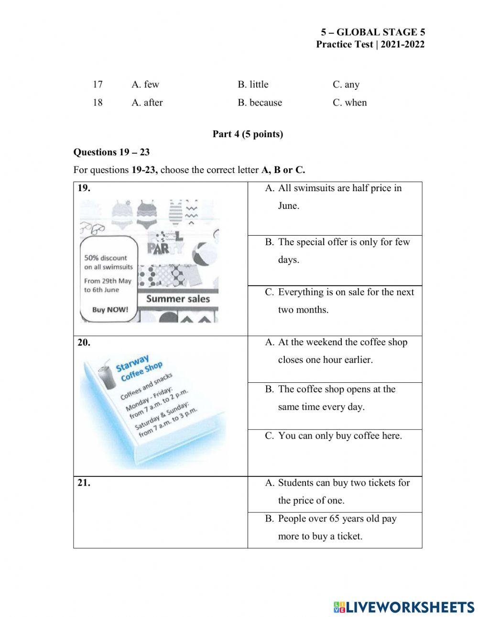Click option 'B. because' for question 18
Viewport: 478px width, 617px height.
tap(260, 103)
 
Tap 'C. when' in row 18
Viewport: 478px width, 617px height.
tap(349, 103)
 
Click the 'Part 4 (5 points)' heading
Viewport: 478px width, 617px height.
tap(248, 134)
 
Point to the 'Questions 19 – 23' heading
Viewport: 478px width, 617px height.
tap(111, 152)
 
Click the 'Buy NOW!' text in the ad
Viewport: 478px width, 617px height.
tap(110, 310)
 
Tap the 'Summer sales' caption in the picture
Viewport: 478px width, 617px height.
tap(178, 299)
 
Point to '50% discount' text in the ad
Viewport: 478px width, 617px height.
tap(106, 258)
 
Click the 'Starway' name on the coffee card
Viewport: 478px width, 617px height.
tap(132, 363)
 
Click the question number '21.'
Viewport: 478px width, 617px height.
tap(84, 483)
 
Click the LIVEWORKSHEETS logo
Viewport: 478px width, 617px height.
tap(403, 607)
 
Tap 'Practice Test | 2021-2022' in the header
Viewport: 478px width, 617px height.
tap(370, 44)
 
